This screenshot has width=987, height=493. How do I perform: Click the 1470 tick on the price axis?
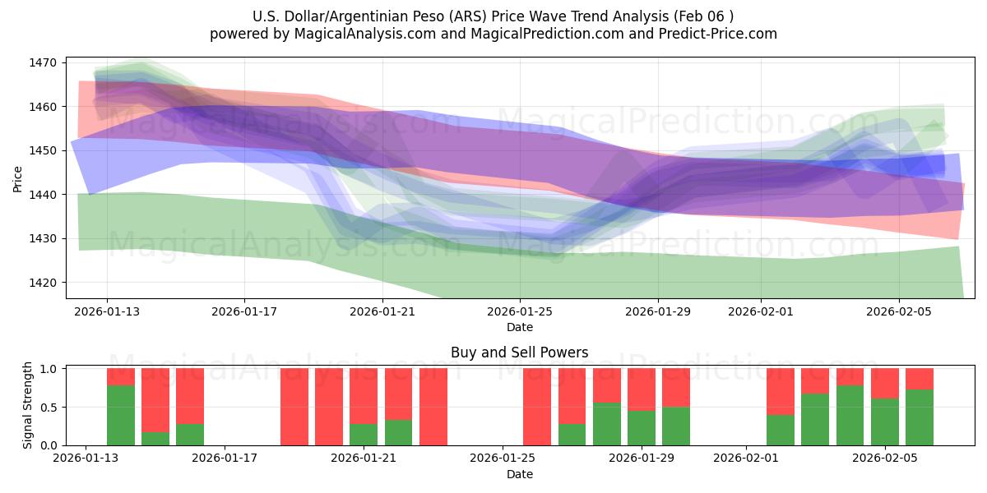tap(43, 62)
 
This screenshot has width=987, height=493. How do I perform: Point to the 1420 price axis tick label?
tap(43, 283)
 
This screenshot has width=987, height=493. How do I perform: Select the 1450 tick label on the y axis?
tap(43, 150)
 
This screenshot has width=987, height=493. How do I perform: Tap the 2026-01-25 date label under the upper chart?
tap(520, 311)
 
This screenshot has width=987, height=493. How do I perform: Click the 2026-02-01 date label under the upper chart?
tap(761, 311)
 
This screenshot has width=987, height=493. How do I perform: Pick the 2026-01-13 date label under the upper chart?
tap(107, 311)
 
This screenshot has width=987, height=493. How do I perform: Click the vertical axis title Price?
tap(18, 177)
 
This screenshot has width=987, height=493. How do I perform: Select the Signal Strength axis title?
tap(28, 406)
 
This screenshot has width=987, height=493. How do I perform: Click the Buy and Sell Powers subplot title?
tap(519, 352)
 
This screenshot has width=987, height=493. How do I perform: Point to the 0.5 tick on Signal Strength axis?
tap(46, 407)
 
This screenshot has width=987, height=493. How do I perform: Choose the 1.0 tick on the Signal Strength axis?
tap(46, 368)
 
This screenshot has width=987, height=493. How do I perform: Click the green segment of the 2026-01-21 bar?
tap(364, 435)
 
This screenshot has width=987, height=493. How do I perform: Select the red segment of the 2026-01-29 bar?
tap(642, 389)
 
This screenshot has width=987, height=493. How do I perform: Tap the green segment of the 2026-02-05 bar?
tap(885, 422)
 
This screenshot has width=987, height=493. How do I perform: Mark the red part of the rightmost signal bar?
tap(920, 378)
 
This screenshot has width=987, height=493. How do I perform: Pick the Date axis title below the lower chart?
tap(519, 474)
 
